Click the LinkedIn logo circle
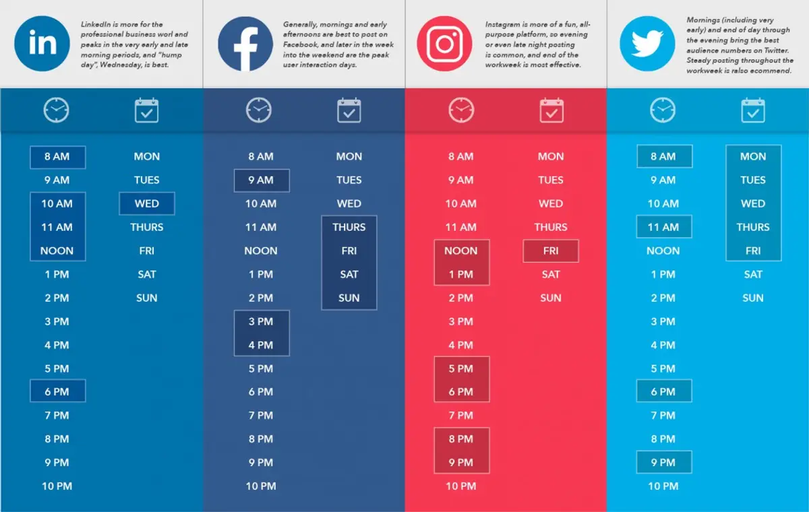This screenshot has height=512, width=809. tap(42, 44)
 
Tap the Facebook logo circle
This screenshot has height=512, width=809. tap(244, 44)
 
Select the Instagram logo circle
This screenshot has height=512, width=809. tap(445, 44)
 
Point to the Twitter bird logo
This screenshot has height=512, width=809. tap(647, 44)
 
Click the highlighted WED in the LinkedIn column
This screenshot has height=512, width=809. tap(147, 203)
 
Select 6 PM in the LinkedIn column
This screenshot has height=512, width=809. tap(57, 391)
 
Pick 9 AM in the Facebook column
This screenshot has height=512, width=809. tap(261, 180)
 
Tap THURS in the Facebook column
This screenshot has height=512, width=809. tap(349, 227)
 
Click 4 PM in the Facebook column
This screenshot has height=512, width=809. tap(261, 345)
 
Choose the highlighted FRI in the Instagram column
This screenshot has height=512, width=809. tap(551, 251)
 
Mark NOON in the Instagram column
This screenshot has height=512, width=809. tap(461, 251)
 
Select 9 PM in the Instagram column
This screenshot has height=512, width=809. tap(461, 462)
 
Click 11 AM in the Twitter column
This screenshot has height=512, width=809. tap(663, 227)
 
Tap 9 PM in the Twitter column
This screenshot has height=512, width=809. tap(663, 462)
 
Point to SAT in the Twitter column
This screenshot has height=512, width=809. tap(753, 274)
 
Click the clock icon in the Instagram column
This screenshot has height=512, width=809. tap(461, 110)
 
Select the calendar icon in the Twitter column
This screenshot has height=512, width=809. tap(753, 110)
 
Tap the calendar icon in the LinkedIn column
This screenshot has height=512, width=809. tap(147, 110)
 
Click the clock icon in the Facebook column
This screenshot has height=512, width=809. tap(259, 110)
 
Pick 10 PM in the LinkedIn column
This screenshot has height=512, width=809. tap(57, 486)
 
